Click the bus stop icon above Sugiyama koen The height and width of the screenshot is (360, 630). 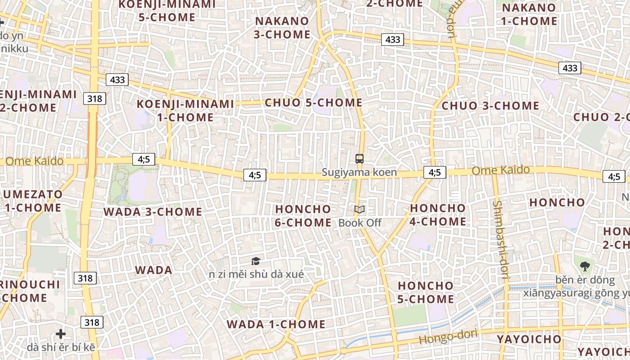[x=359, y=158]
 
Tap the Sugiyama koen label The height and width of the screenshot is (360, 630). [x=359, y=172]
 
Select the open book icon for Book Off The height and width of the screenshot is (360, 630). [x=359, y=209]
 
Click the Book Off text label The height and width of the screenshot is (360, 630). [x=360, y=223]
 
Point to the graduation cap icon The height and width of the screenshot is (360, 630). [x=256, y=261]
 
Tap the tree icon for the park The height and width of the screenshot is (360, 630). [x=585, y=266]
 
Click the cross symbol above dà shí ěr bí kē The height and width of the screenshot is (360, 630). [x=61, y=334]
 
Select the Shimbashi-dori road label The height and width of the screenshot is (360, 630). [x=500, y=241]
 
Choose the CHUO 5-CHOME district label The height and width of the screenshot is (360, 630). [x=314, y=103]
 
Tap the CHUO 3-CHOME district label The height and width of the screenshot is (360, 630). [x=490, y=106]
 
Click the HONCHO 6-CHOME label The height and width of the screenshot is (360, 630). [x=303, y=216]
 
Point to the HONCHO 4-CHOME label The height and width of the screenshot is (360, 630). [x=438, y=215]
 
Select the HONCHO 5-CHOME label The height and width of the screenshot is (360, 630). [x=426, y=292]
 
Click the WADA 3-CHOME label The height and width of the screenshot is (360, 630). [x=153, y=211]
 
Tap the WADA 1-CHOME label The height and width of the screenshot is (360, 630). [x=276, y=324]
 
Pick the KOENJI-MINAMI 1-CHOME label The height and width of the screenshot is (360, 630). [x=185, y=110]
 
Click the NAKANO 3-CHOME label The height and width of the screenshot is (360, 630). [x=282, y=27]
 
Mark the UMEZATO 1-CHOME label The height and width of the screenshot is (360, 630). [x=33, y=201]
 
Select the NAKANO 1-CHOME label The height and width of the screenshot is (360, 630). [x=529, y=14]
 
